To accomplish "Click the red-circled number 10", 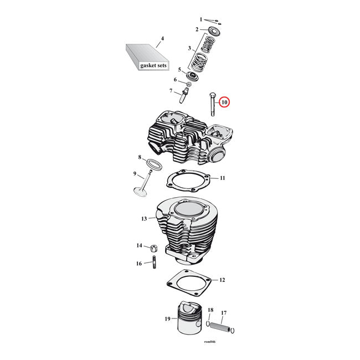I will [x=224, y=102].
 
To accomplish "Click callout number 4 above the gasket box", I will [x=162, y=39].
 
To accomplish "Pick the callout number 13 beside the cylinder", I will [x=143, y=219].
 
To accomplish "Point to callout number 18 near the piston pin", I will [x=210, y=311].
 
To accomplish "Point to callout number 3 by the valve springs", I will [x=189, y=49].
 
